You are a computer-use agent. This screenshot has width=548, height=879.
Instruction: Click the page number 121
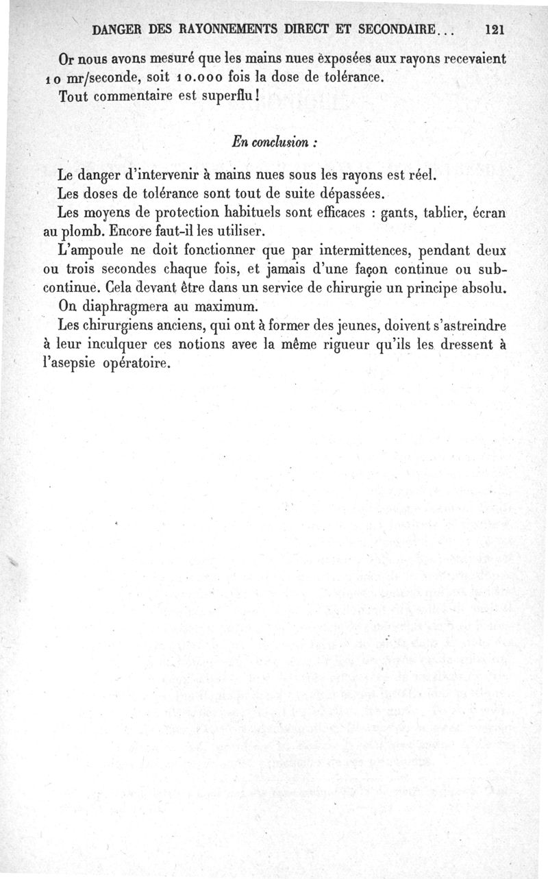[494, 29]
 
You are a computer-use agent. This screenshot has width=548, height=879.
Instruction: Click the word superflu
[227, 96]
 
